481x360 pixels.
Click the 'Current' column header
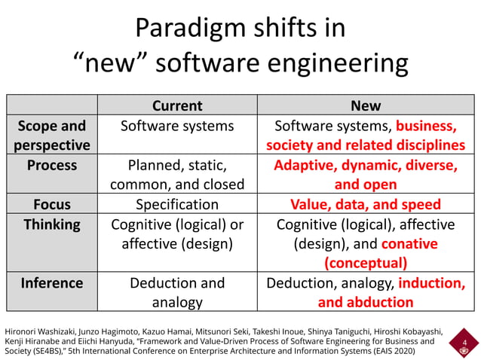pos(177,105)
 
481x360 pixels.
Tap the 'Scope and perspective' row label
pos(52,135)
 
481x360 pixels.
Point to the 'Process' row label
pos(52,165)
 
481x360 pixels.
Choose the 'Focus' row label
pos(52,204)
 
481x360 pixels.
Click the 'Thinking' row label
pos(52,224)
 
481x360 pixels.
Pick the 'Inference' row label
pos(52,283)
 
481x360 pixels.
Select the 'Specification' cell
pos(177,204)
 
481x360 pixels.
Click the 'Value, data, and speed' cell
pos(365,204)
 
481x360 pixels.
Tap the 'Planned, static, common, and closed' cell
pos(177,174)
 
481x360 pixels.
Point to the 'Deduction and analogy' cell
pos(177,292)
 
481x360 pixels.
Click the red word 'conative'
pos(409,244)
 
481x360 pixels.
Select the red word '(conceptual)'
pos(365,264)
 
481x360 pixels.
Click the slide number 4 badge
pos(464,344)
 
